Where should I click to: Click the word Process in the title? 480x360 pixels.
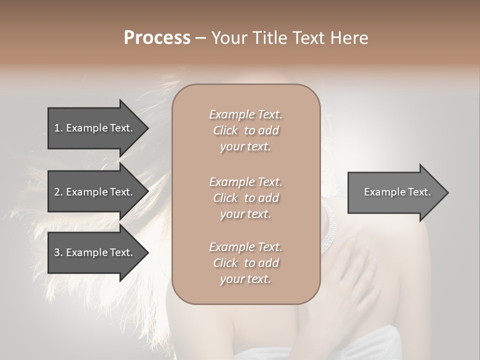click(x=157, y=38)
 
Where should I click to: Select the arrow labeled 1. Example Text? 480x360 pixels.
click(x=95, y=128)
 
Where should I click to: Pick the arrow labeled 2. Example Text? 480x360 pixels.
click(x=95, y=192)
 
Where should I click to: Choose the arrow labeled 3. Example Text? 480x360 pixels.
click(x=95, y=252)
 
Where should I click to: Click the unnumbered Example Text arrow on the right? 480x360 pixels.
click(x=395, y=192)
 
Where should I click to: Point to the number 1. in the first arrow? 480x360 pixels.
click(x=58, y=128)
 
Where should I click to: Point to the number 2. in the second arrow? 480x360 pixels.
click(x=58, y=192)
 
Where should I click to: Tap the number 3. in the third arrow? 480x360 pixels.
click(x=58, y=252)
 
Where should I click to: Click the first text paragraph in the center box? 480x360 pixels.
click(x=245, y=130)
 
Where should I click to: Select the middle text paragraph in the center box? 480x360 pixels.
click(x=245, y=198)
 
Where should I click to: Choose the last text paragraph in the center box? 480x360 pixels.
click(x=245, y=263)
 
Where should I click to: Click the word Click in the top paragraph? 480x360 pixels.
click(x=225, y=130)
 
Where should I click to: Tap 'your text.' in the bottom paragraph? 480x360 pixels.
click(x=245, y=279)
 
